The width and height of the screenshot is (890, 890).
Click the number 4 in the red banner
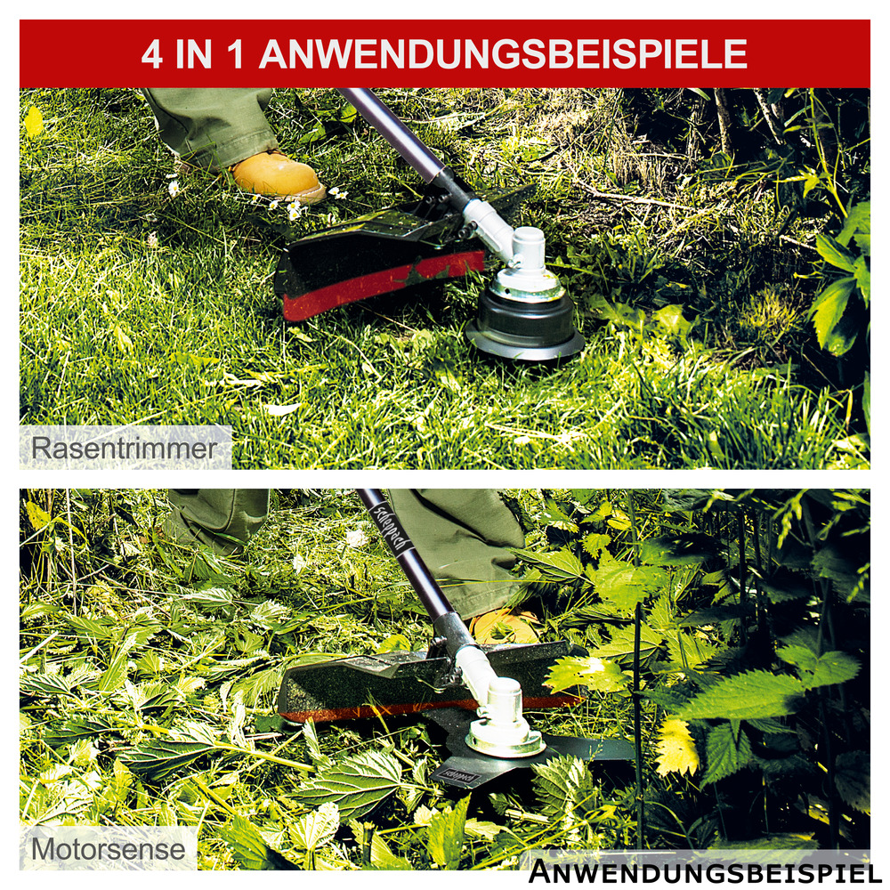tap(152, 53)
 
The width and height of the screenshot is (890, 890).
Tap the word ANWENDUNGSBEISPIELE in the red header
tap(503, 53)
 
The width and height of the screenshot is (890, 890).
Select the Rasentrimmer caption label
tap(124, 448)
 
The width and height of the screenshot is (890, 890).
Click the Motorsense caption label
tap(109, 848)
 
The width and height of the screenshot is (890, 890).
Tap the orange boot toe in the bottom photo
tap(505, 627)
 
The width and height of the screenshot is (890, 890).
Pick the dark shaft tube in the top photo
tap(396, 133)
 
